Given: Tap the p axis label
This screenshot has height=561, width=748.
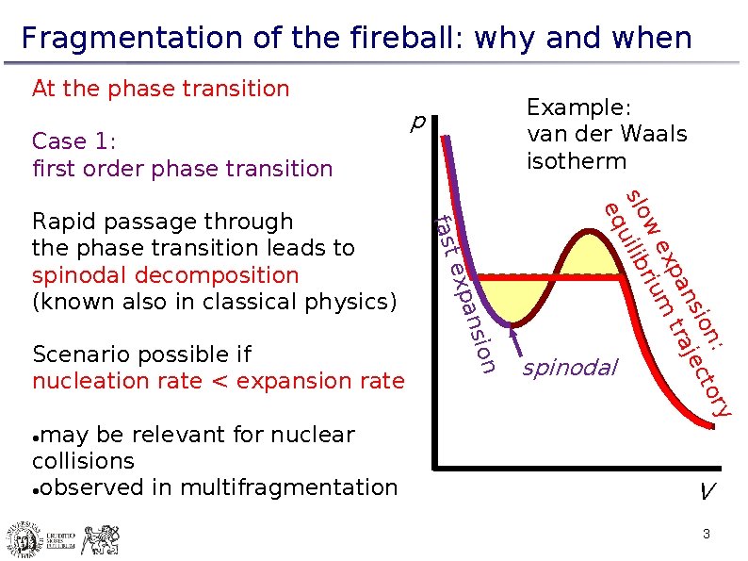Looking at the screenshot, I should [x=418, y=122].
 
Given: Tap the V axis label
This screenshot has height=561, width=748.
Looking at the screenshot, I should [x=706, y=491].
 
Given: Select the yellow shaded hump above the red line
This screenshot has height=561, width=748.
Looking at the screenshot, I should [x=590, y=253].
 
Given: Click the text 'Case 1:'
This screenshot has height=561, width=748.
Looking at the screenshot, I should [x=73, y=141].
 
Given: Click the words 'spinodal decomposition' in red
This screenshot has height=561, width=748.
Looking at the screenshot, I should [x=165, y=275].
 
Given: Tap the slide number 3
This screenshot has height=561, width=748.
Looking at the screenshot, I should [x=705, y=536].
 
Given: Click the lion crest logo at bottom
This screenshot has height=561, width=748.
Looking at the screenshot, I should [x=99, y=540].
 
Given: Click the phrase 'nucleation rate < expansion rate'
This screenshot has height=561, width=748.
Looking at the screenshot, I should [x=218, y=381].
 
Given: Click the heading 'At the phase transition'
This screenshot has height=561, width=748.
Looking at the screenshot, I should [x=160, y=89].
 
